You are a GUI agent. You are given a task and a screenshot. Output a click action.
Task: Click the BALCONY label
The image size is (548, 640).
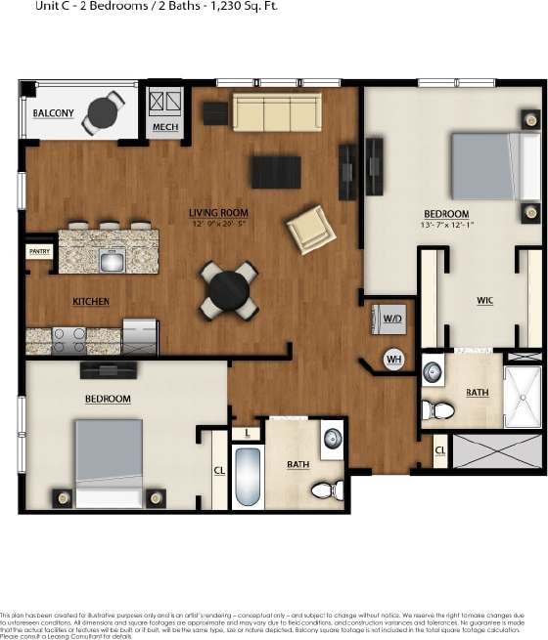click(x=53, y=114)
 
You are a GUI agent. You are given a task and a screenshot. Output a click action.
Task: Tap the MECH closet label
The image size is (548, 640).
click(x=162, y=127)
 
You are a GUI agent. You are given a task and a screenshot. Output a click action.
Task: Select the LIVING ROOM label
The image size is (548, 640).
click(x=218, y=212)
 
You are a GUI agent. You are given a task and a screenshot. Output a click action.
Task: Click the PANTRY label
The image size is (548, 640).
click(x=39, y=251)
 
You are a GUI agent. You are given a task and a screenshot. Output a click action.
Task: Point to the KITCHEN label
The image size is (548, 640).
click(x=91, y=302)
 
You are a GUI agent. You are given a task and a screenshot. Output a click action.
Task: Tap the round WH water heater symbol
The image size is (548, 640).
click(x=394, y=359)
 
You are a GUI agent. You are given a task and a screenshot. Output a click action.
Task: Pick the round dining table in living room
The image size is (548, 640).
click(x=228, y=289)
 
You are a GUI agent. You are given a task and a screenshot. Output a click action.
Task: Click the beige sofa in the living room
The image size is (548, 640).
click(x=275, y=113)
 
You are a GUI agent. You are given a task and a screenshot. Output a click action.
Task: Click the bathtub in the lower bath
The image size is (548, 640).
click(x=248, y=477)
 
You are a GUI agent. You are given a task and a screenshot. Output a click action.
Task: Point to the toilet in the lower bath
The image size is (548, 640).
click(x=324, y=489)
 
